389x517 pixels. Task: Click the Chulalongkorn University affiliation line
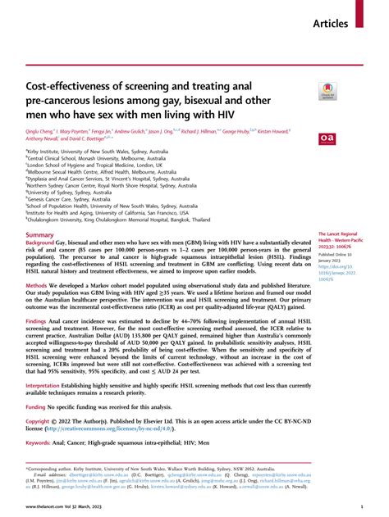click(119, 220)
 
